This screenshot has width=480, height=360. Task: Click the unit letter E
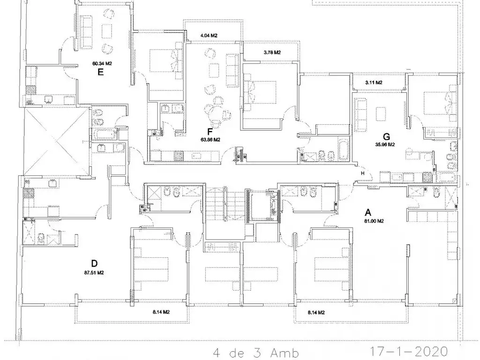[x=100, y=72]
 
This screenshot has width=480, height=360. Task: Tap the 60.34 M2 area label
[x=102, y=64]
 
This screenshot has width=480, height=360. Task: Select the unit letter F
[x=210, y=132]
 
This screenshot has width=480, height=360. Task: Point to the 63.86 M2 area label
[x=210, y=140]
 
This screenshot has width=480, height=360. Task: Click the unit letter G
[x=386, y=136]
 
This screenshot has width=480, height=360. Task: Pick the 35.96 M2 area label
[x=385, y=144]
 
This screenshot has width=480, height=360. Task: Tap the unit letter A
[x=368, y=212]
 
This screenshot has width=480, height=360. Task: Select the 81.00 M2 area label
[x=374, y=221]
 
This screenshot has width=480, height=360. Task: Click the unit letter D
[x=94, y=263]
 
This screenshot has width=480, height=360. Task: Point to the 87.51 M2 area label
[x=94, y=272]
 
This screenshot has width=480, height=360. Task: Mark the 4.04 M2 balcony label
[x=209, y=36]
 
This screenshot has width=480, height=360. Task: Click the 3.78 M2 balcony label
[x=272, y=52]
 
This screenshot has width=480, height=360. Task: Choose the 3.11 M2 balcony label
[x=374, y=82]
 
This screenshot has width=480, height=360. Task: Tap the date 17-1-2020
[x=409, y=352]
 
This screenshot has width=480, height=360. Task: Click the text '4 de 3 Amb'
[x=255, y=353]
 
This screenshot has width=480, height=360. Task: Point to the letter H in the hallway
[x=363, y=173]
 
